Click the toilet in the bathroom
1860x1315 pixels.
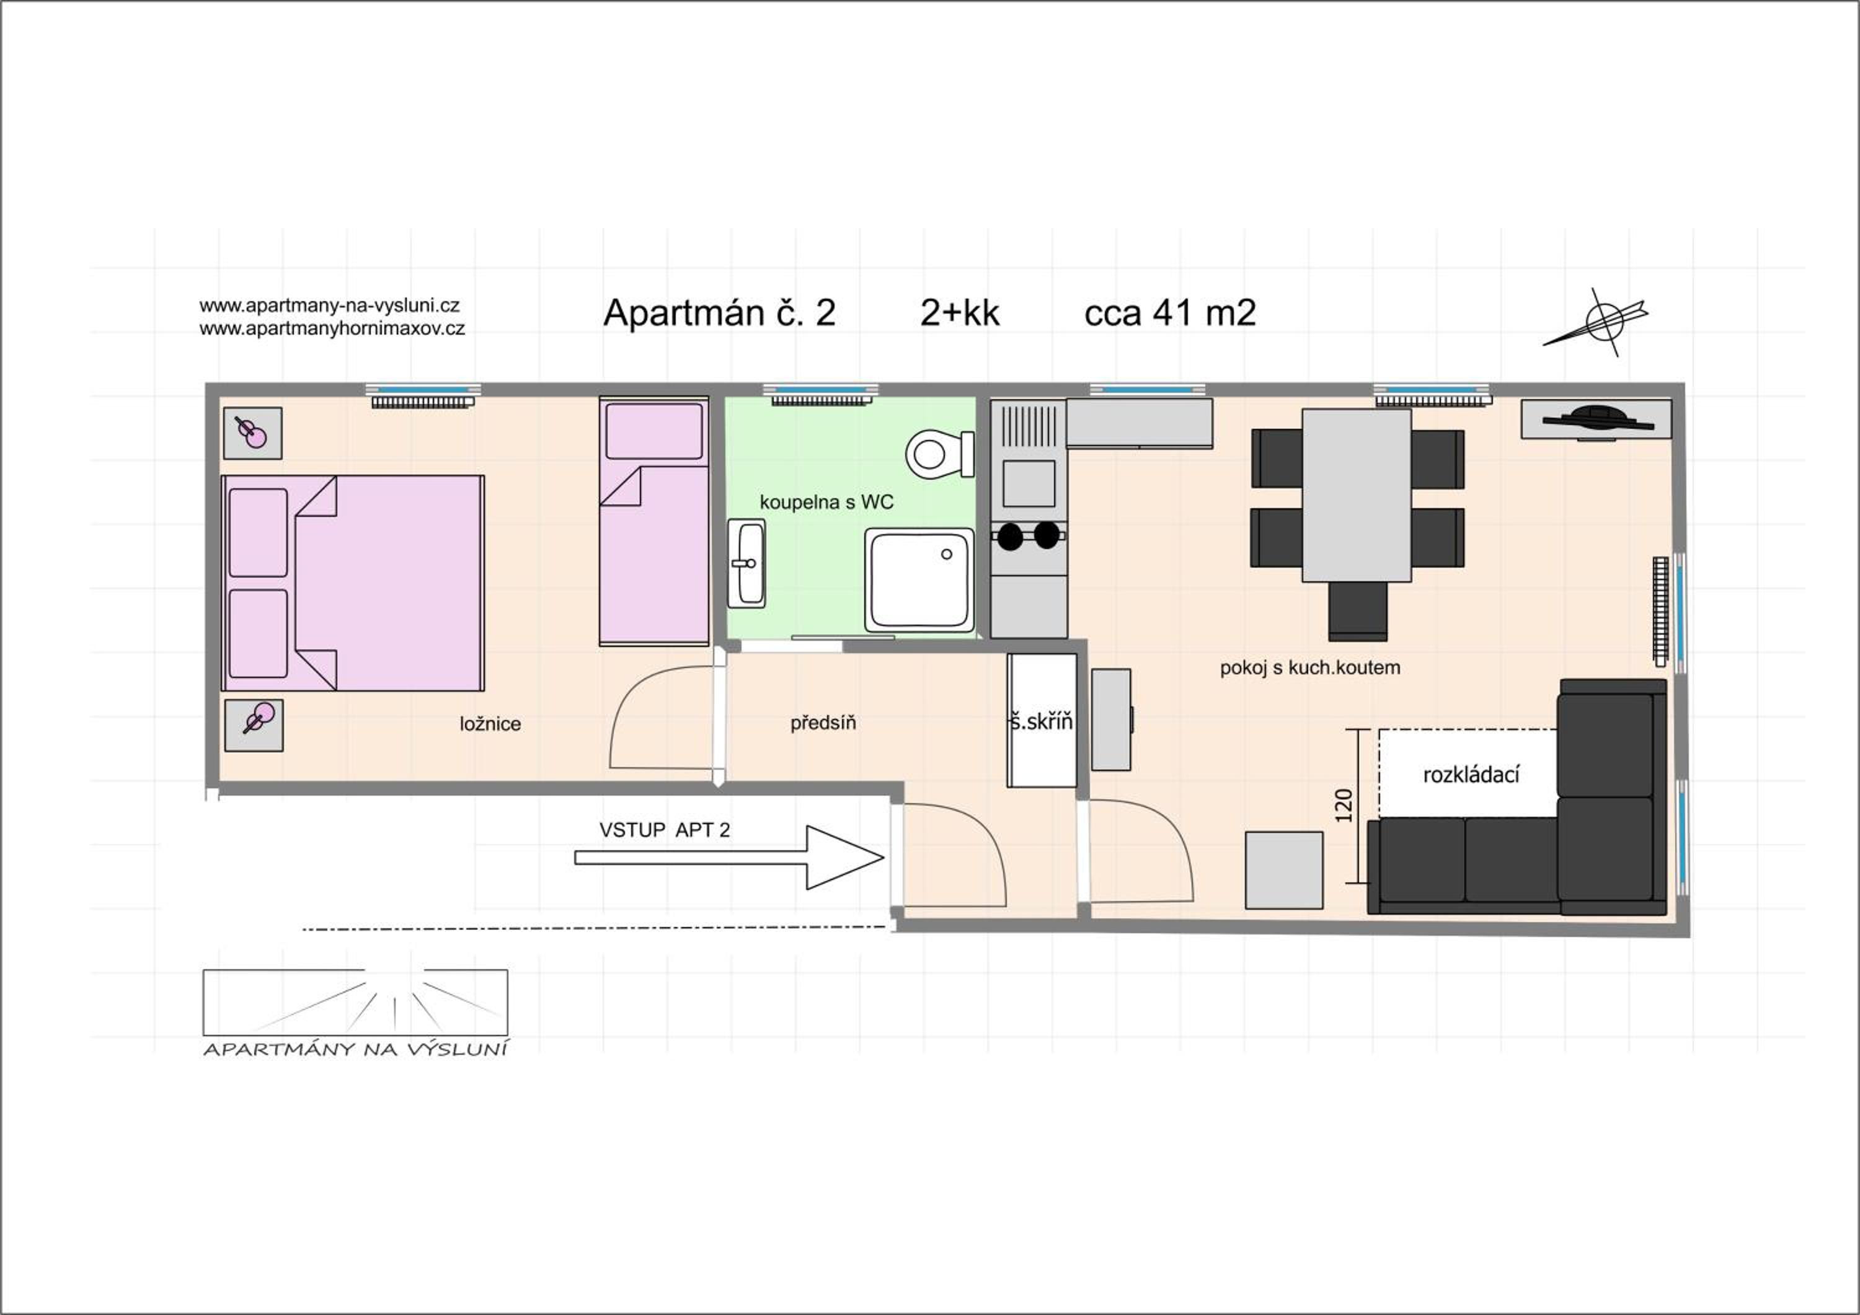tap(939, 454)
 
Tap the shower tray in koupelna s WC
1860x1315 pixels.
tap(919, 580)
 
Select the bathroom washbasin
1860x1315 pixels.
tap(746, 563)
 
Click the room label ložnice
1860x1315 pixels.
tap(490, 724)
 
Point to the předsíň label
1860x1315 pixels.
tap(823, 723)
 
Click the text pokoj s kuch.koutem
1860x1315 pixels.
tap(1310, 667)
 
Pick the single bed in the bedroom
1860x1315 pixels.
tap(653, 521)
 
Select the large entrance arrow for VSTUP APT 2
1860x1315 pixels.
tap(729, 858)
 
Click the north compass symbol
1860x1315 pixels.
tap(1596, 322)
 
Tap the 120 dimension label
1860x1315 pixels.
tap(1343, 805)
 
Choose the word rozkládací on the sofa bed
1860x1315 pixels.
tap(1471, 775)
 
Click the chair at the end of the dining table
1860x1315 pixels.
tap(1358, 612)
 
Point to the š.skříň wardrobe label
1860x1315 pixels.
tap(1042, 721)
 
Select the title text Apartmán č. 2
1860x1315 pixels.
tap(719, 312)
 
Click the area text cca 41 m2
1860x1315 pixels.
tap(1170, 312)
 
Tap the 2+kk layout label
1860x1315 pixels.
tap(960, 312)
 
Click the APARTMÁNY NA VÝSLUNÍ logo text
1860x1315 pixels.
tap(355, 1049)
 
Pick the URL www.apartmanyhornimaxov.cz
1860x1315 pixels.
tap(332, 328)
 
